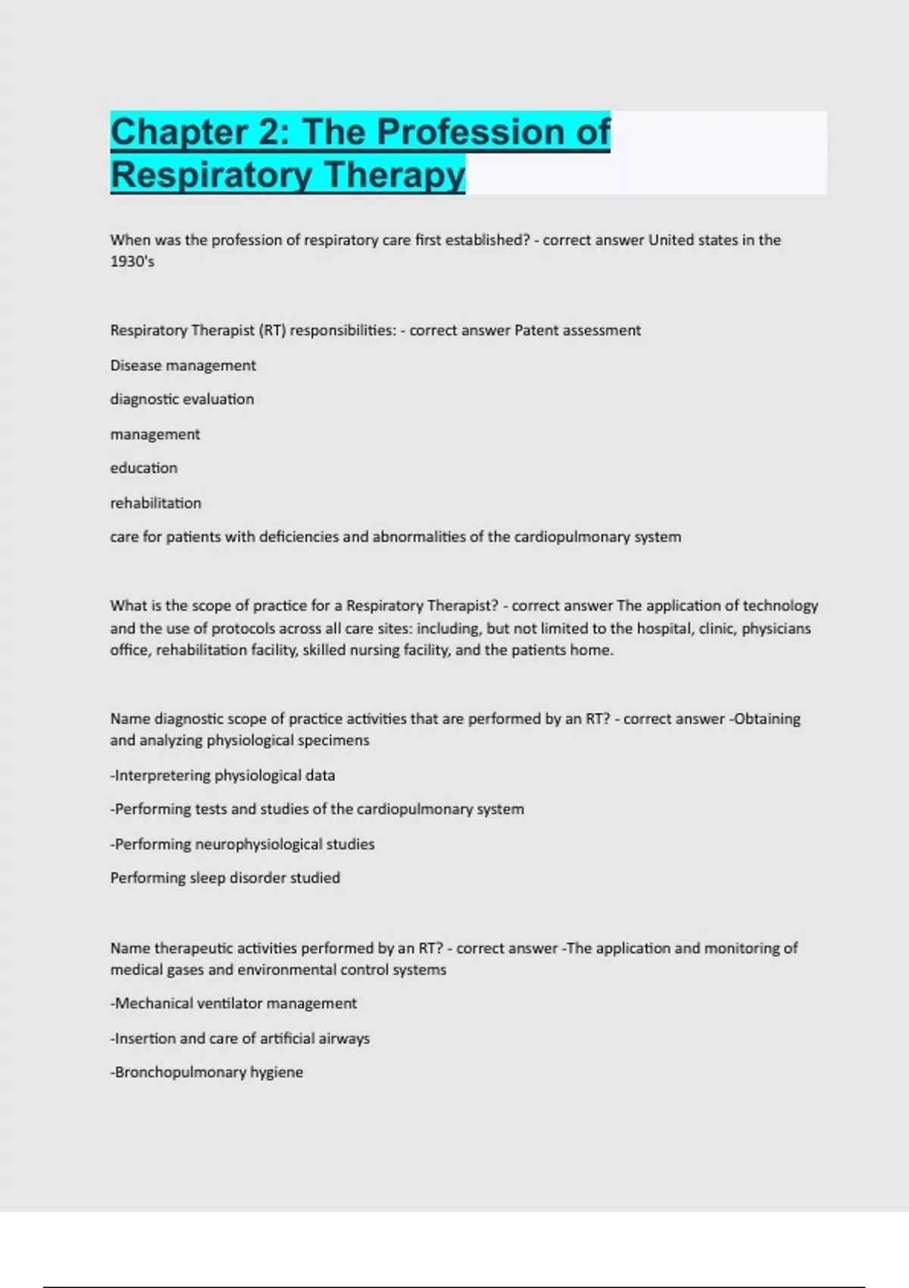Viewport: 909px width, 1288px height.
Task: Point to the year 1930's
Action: coord(133,261)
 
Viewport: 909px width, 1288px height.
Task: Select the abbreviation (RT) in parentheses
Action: coord(272,330)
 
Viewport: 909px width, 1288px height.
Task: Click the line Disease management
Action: coord(183,365)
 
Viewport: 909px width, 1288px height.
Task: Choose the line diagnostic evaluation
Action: coord(182,399)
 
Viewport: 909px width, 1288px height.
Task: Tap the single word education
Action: coord(144,468)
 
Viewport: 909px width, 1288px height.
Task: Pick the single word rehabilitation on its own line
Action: coord(156,503)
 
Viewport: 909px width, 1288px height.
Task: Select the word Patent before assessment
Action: coord(537,330)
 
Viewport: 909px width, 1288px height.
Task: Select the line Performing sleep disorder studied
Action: coord(225,878)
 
